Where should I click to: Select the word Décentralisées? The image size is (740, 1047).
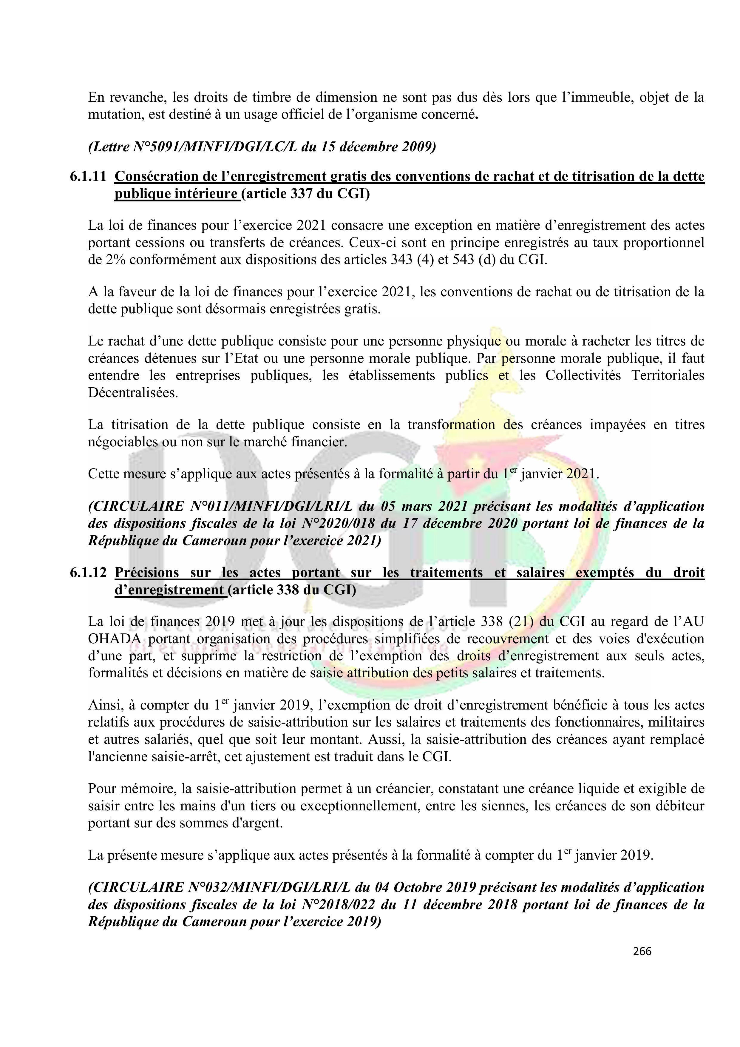(133, 393)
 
